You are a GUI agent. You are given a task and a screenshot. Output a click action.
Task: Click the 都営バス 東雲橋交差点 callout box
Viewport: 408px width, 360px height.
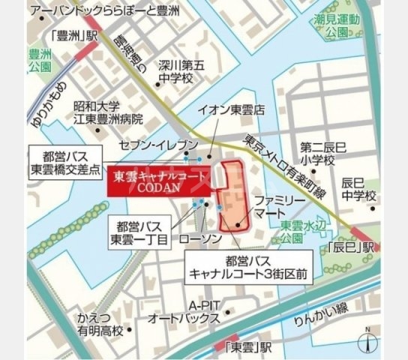pyautogui.click(x=64, y=160)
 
